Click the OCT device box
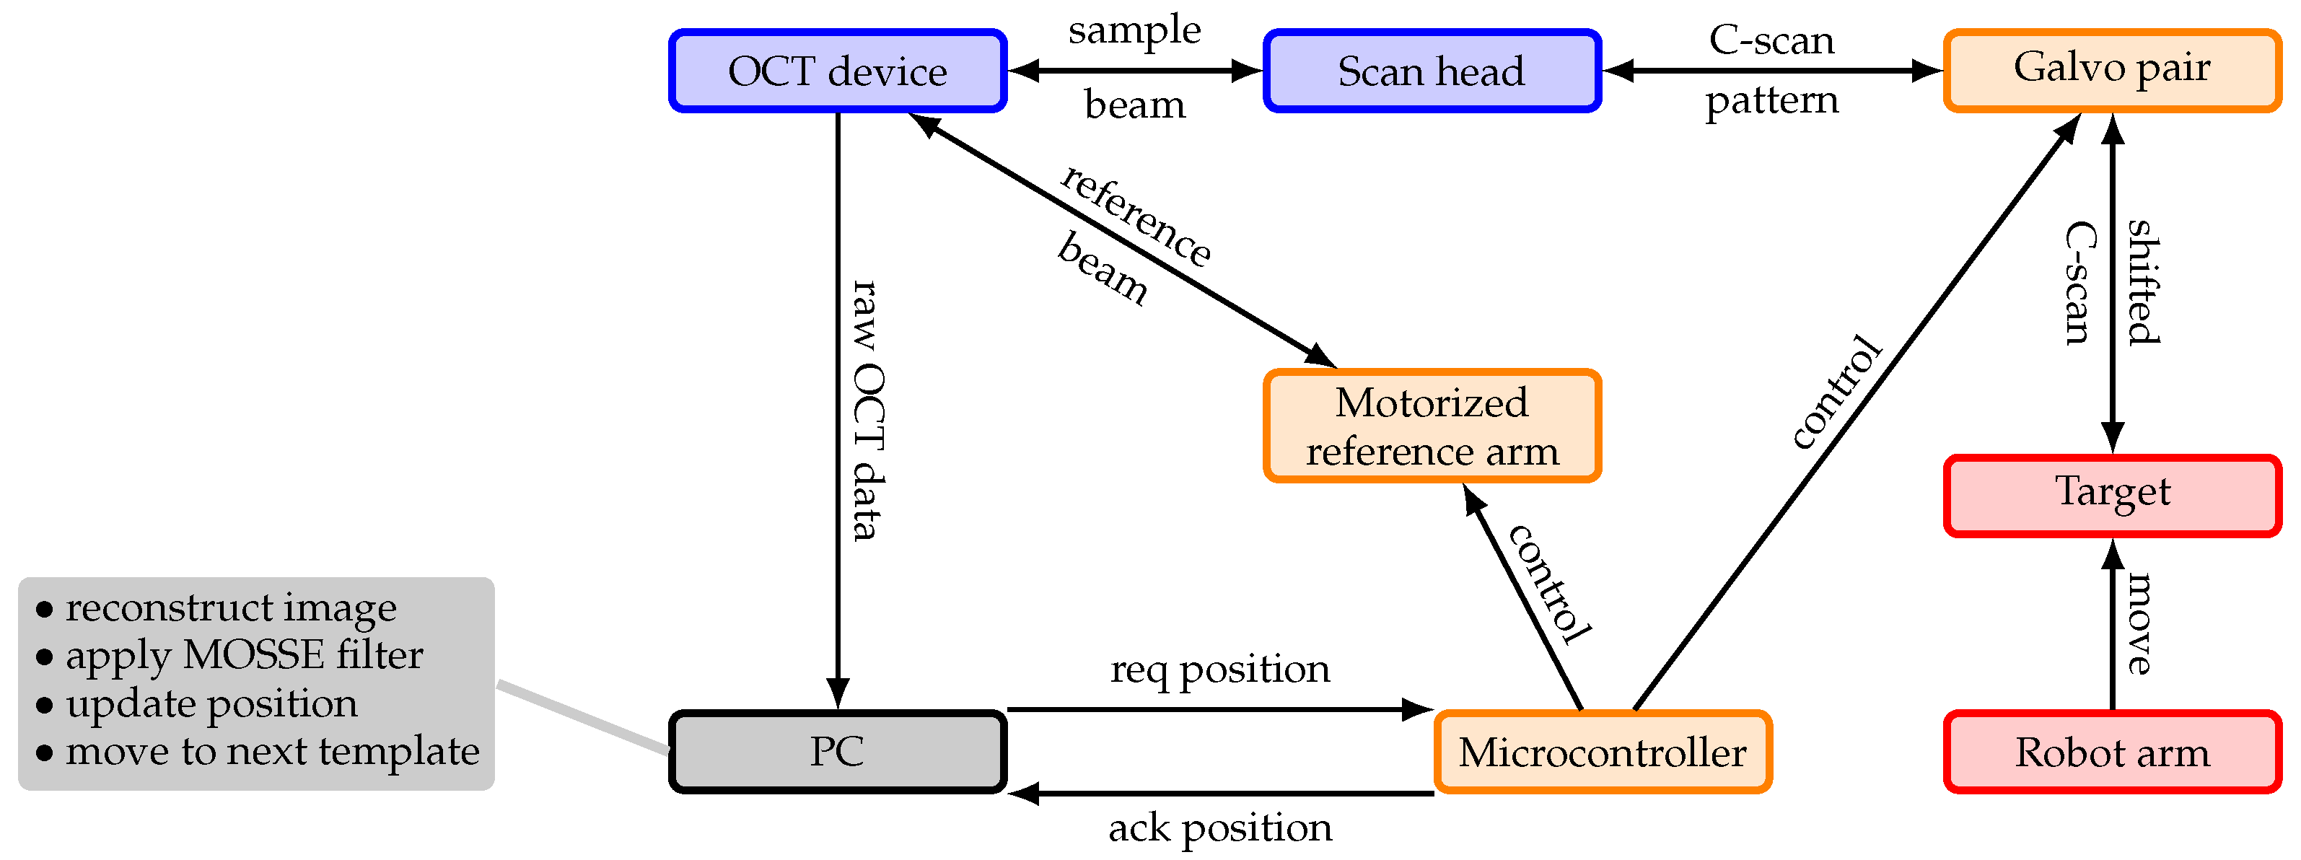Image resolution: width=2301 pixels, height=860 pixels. tap(837, 71)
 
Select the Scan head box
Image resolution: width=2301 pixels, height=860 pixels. tap(1431, 71)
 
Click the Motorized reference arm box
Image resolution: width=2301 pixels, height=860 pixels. tap(1431, 426)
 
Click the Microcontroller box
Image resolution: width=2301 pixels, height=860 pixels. tap(1602, 751)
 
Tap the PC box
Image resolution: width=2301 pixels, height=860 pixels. tap(837, 751)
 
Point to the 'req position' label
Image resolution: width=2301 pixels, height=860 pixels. tap(1219, 669)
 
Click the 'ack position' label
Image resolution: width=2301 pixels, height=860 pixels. tap(1219, 828)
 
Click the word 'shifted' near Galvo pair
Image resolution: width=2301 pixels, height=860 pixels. tap(2143, 281)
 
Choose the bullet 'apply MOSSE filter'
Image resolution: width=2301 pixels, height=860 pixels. tap(244, 656)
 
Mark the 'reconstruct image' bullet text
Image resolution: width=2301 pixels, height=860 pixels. tap(230, 608)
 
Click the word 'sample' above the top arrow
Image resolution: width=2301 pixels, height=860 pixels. tap(1134, 30)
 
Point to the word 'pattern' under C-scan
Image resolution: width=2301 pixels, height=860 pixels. tap(1771, 101)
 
